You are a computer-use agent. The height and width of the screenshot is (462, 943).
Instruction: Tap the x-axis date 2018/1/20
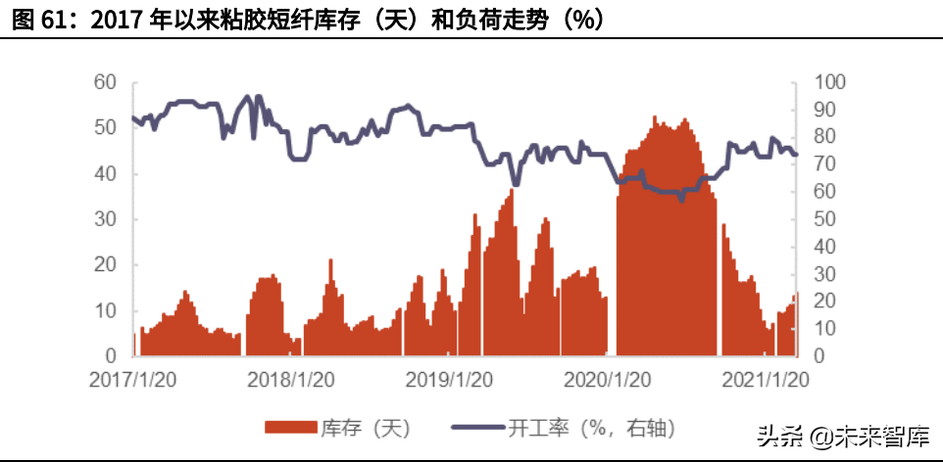(x=291, y=378)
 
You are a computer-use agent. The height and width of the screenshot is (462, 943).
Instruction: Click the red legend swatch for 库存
(x=290, y=428)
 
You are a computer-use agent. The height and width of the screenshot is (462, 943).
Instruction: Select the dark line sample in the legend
(x=477, y=428)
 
